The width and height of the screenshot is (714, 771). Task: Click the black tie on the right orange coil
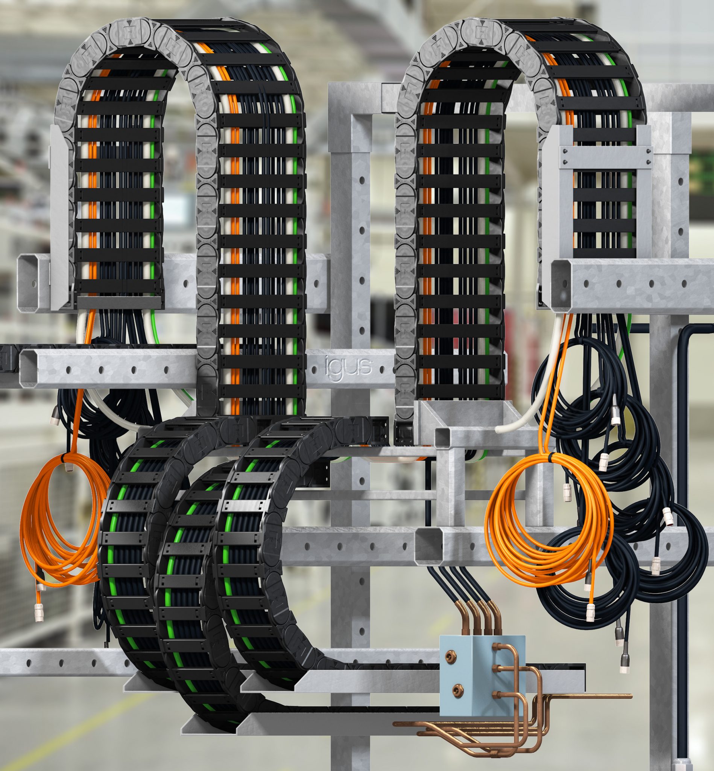click(551, 458)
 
